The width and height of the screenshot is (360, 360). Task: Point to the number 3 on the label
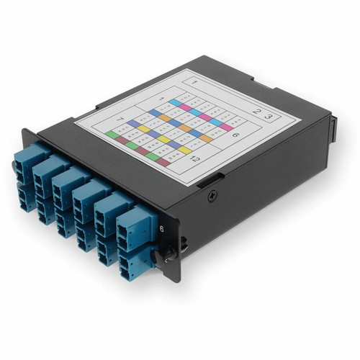click(x=268, y=115)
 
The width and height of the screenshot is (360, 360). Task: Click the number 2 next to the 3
click(x=256, y=111)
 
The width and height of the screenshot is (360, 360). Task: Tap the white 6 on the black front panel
click(x=161, y=228)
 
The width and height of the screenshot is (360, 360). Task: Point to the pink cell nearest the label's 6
click(x=227, y=127)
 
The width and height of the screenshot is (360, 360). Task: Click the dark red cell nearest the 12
click(x=163, y=163)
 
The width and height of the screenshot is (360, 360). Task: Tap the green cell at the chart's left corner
click(x=111, y=134)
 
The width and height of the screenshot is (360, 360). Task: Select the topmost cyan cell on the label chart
click(x=175, y=103)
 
